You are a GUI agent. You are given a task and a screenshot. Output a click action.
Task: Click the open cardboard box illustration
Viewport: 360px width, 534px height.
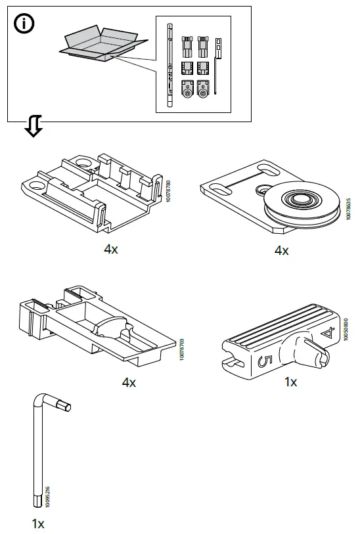tap(102, 44)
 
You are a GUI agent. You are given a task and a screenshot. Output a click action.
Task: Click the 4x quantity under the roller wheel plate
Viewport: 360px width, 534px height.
tap(281, 250)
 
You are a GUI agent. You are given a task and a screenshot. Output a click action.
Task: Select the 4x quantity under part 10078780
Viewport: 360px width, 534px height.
tap(110, 248)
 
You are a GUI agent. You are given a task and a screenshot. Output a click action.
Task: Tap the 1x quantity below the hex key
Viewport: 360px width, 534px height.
tap(37, 523)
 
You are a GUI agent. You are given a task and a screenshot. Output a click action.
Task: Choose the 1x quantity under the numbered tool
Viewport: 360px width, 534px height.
tap(290, 381)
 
